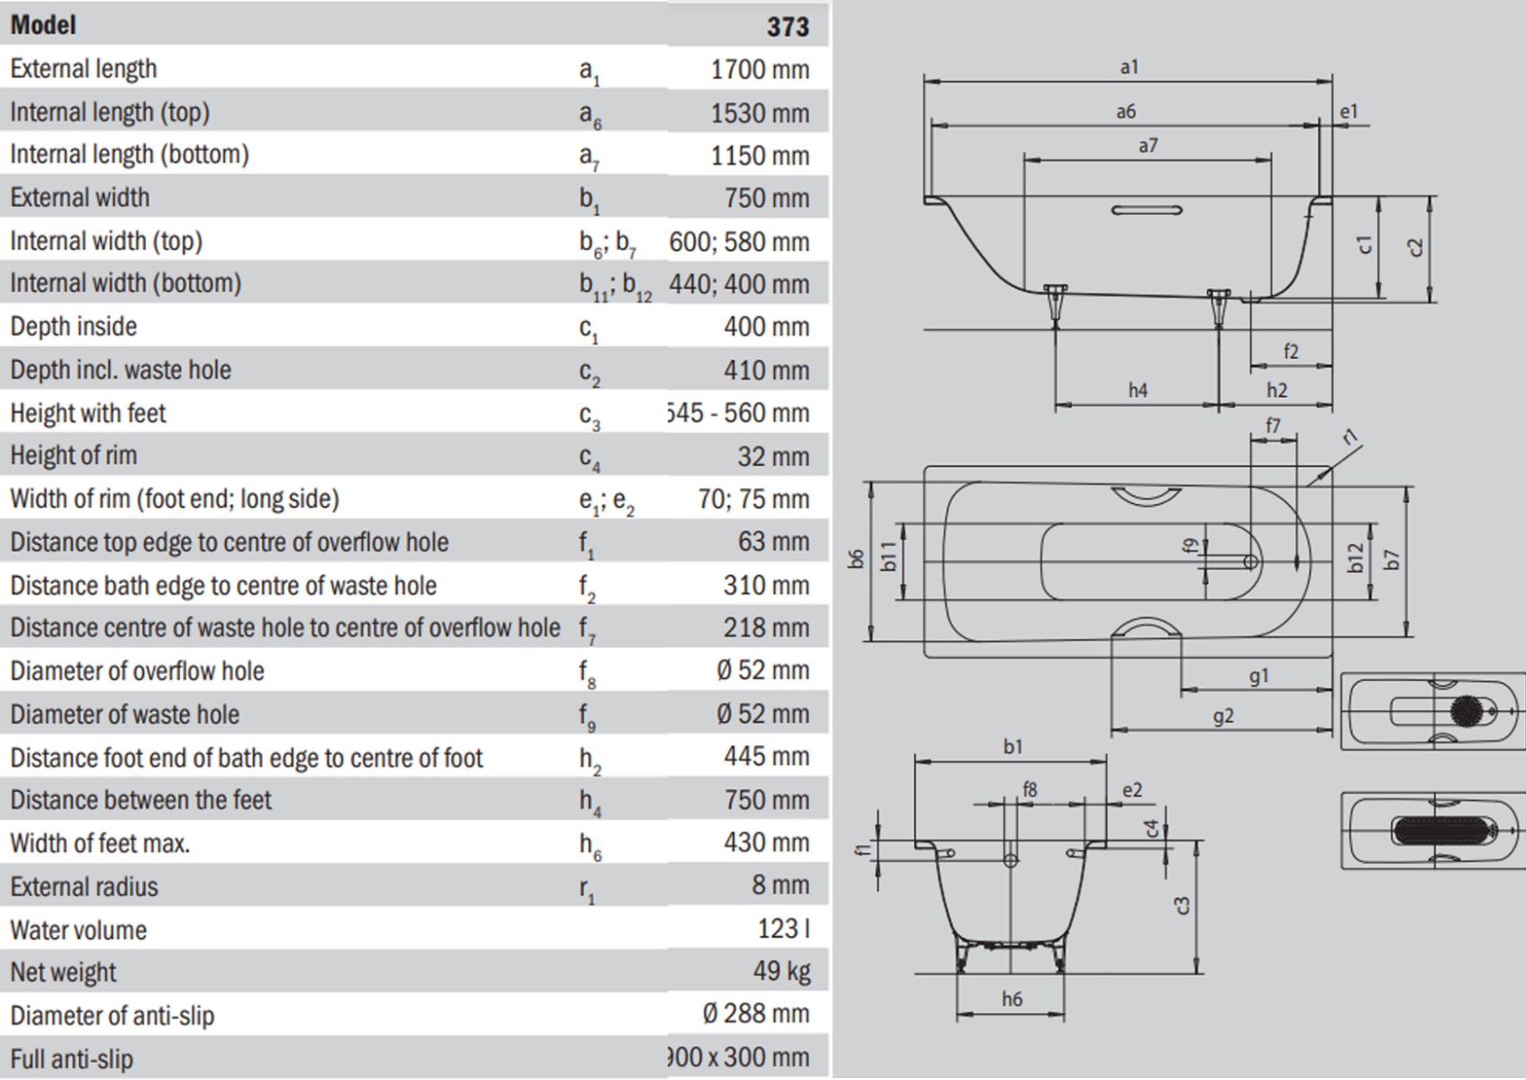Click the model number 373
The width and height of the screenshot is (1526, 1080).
pos(787,26)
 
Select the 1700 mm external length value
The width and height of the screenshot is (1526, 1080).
pos(759,69)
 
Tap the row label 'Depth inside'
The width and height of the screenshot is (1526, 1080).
pos(74,326)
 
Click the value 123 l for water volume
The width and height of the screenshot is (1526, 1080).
pos(782,928)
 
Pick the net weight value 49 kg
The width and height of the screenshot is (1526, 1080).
pos(781,971)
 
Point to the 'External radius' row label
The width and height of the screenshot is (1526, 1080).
pos(84,886)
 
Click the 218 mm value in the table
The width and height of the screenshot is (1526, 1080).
pos(765,627)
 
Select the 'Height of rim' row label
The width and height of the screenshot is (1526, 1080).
pos(74,455)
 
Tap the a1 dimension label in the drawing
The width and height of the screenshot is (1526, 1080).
pos(1129,67)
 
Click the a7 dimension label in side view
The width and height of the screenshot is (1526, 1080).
pos(1147,146)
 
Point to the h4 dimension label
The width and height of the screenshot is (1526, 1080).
pos(1138,391)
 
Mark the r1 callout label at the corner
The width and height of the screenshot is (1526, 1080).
pos(1349,438)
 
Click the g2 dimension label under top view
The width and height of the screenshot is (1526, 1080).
pos(1223,717)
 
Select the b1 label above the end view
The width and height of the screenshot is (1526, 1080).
pos(1013,747)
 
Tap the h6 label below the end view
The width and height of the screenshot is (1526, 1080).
pos(1012,999)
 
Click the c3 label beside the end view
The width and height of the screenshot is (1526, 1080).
pos(1183,905)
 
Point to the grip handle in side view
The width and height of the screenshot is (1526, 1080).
pos(1147,211)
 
